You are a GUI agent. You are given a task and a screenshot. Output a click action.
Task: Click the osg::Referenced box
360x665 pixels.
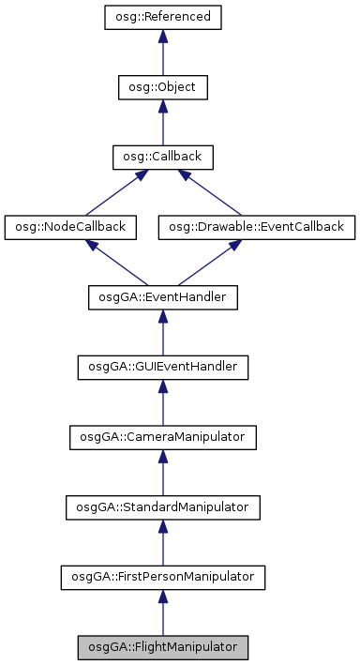162,17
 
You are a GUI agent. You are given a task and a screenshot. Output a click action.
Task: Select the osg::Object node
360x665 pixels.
162,87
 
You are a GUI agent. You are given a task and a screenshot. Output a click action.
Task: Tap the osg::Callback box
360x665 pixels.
162,157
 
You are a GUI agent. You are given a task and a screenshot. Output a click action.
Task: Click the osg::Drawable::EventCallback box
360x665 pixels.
257,227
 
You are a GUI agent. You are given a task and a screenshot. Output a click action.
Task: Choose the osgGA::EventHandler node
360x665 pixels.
162,297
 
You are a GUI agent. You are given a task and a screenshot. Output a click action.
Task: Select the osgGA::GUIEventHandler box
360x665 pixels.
162,367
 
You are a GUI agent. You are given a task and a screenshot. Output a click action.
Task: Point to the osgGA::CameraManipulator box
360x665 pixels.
162,437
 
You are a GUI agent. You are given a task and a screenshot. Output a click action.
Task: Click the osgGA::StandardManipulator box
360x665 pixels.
162,507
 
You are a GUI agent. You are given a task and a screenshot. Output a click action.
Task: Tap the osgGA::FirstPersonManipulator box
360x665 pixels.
162,577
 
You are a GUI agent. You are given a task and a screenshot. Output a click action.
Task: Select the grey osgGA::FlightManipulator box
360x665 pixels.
162,647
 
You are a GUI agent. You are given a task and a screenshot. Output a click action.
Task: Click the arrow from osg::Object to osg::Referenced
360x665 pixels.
162,53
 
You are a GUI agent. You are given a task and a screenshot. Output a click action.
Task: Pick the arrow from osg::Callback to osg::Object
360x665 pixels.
162,122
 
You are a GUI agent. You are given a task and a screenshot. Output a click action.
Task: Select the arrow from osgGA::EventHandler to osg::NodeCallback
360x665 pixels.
115,262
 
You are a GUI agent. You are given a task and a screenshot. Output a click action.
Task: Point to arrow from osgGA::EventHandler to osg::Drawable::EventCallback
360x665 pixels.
211,262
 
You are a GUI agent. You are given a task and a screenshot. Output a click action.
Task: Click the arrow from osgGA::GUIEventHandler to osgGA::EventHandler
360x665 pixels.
162,332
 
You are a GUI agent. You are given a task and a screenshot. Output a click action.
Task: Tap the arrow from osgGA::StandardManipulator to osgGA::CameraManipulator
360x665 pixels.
162,473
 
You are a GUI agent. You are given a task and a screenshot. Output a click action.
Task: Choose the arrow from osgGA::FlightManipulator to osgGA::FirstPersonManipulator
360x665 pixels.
162,612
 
